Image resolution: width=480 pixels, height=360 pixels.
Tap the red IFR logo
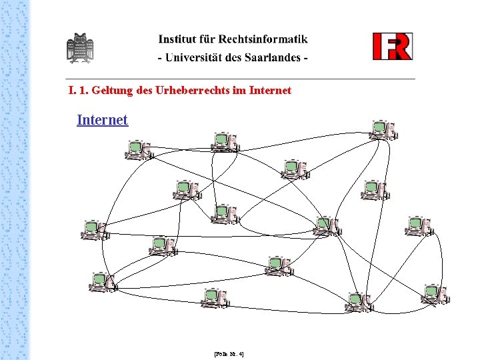[392, 46]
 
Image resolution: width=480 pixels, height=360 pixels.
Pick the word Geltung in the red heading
[110, 90]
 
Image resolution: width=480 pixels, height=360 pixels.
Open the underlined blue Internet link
[102, 120]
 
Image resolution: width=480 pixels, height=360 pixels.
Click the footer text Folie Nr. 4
[229, 354]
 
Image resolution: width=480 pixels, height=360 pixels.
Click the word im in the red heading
[239, 90]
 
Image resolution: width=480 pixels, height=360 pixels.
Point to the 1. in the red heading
[83, 90]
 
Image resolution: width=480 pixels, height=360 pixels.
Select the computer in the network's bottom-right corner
[436, 294]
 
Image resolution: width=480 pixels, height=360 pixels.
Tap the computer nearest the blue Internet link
[139, 151]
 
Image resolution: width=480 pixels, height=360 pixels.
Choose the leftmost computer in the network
[94, 230]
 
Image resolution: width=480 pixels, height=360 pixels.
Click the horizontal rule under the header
[240, 79]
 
